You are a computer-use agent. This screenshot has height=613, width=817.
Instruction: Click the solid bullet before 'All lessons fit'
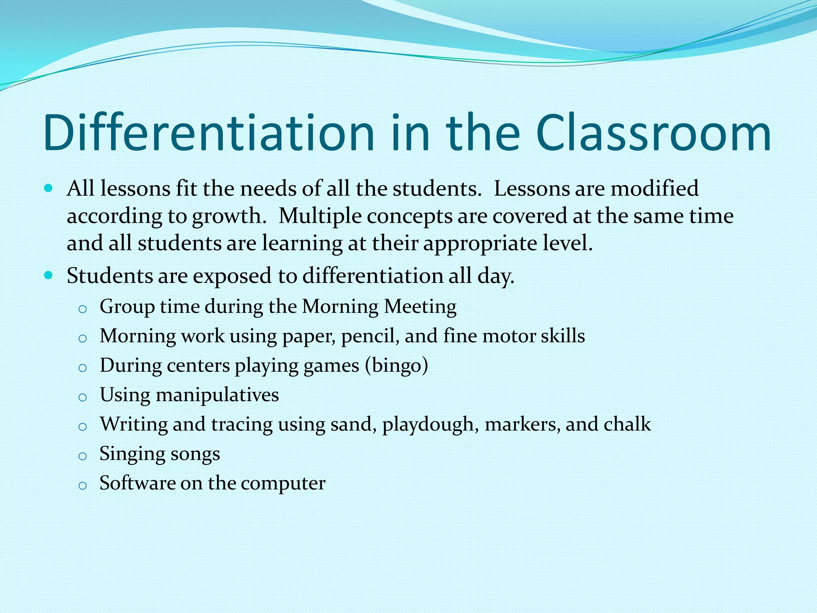(x=49, y=188)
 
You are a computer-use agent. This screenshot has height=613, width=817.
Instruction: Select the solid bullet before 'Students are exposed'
(x=49, y=275)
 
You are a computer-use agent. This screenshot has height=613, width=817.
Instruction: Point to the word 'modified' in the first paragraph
(x=654, y=188)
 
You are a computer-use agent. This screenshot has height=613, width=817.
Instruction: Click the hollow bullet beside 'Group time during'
(x=83, y=309)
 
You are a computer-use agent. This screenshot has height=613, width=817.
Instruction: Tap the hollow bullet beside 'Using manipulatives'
(x=83, y=397)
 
